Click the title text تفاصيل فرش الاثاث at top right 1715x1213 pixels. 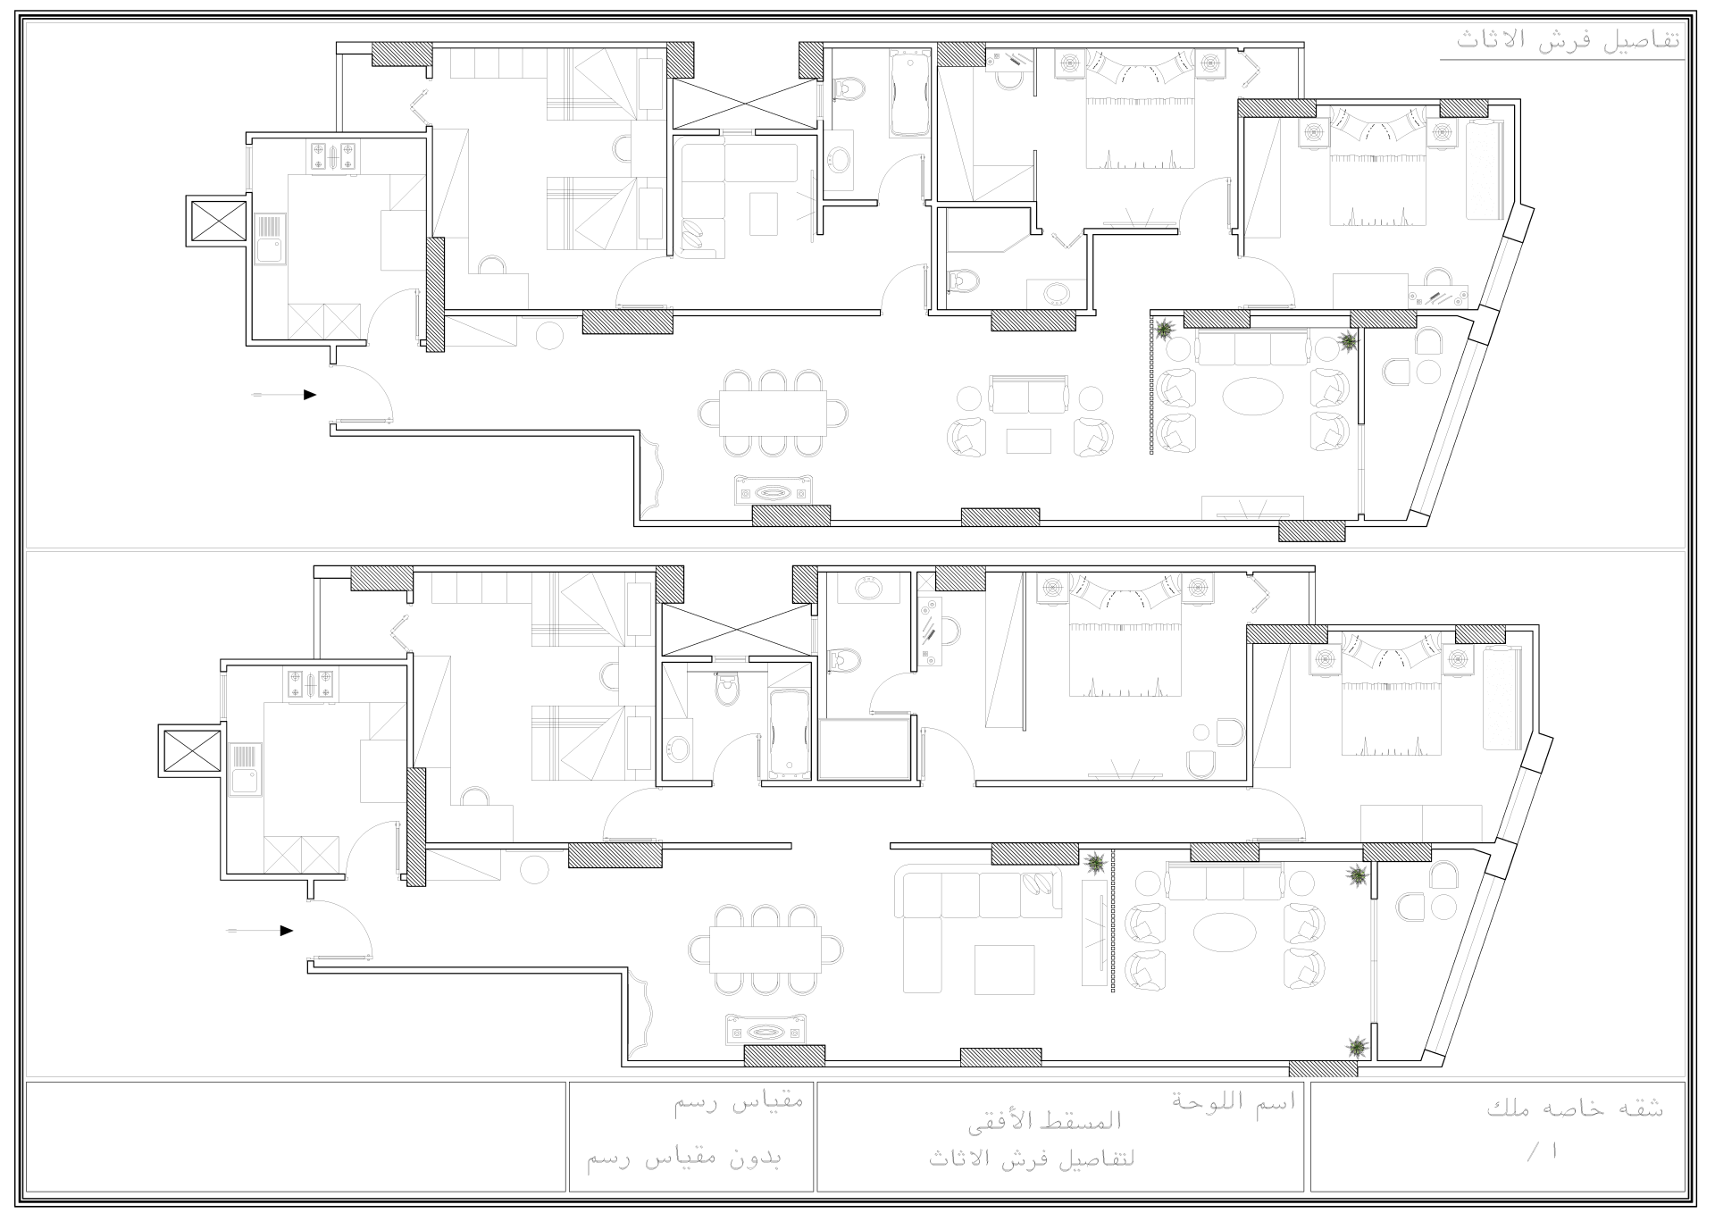pyautogui.click(x=1568, y=40)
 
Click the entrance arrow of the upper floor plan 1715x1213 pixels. pyautogui.click(x=285, y=395)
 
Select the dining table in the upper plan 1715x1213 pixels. pyautogui.click(x=774, y=413)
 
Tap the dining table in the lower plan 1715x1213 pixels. pyautogui.click(x=765, y=949)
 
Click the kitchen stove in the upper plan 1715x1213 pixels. pyautogui.click(x=333, y=157)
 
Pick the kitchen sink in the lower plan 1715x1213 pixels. pyautogui.click(x=245, y=770)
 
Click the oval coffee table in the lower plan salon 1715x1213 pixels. pyautogui.click(x=1225, y=933)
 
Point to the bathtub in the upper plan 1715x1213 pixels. pyautogui.click(x=909, y=94)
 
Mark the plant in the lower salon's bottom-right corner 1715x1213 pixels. pyautogui.click(x=1358, y=1045)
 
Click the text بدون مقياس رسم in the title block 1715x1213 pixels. pyautogui.click(x=684, y=1159)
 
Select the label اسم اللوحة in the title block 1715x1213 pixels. pyautogui.click(x=1234, y=1100)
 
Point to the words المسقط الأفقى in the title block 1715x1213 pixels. pyautogui.click(x=1058, y=1119)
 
